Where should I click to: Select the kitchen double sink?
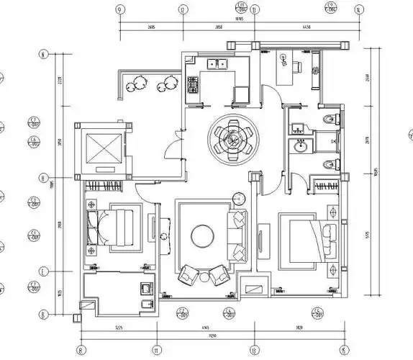click(x=217, y=65)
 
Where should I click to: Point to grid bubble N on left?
click(x=43, y=55)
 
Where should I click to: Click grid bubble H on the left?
click(x=43, y=178)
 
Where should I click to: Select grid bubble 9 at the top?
click(x=119, y=9)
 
